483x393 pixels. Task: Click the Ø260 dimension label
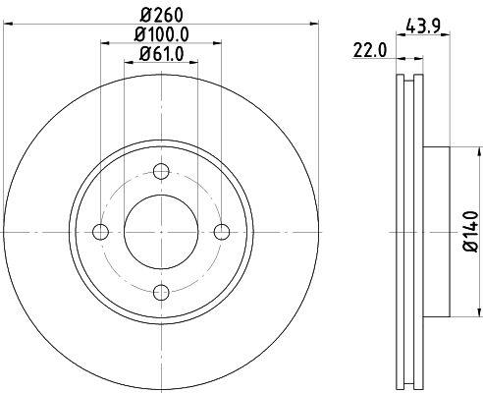(x=161, y=15)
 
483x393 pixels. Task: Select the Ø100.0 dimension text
(x=161, y=34)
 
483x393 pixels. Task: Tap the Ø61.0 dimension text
(x=161, y=54)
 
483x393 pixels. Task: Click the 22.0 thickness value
(x=370, y=51)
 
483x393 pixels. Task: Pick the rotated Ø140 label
(x=471, y=232)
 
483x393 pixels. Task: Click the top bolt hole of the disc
(x=161, y=171)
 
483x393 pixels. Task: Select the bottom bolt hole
(x=161, y=293)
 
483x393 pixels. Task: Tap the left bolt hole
(x=101, y=232)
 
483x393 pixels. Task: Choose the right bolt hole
(x=222, y=232)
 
